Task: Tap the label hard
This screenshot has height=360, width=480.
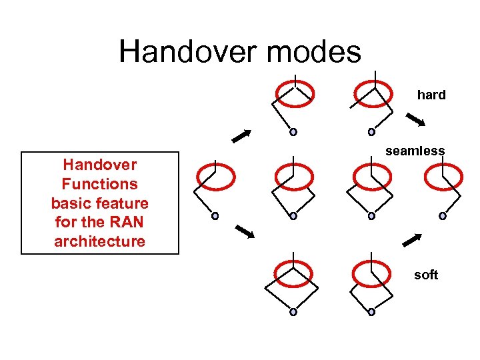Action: coord(431,95)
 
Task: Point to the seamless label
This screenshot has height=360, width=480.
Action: coord(415,151)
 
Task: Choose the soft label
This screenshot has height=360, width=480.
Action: coord(426,275)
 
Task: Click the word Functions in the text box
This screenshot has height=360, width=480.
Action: coord(99,184)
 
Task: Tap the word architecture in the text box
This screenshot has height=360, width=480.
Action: coord(99,241)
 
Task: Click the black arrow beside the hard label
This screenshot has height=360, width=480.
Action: coord(416,120)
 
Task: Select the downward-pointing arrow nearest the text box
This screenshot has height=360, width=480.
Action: coord(245,231)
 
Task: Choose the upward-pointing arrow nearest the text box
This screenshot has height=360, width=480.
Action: coord(241,136)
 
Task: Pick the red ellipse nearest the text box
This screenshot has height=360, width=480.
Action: coord(215,177)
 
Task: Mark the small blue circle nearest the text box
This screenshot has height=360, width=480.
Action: coord(215,216)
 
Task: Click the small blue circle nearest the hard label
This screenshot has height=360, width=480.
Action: coord(371,132)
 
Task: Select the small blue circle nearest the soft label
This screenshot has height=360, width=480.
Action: coord(371,311)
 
